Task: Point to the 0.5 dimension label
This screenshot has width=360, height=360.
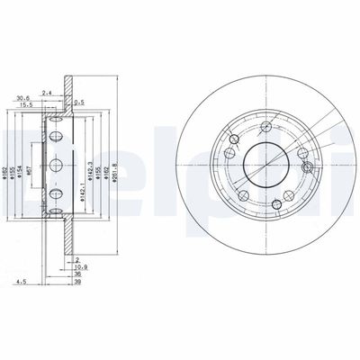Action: tap(80, 102)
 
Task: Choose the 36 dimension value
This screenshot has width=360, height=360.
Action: tap(78, 274)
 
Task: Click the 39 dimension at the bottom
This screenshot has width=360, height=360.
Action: tap(78, 282)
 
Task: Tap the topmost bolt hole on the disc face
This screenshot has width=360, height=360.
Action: tap(267, 122)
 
